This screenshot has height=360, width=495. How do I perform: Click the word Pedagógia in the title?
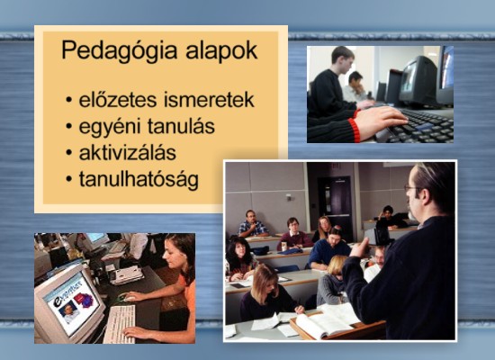(120, 50)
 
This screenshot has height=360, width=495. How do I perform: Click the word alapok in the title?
(221, 49)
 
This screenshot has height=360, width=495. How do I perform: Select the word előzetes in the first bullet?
(117, 100)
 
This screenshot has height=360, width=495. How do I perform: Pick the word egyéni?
(109, 128)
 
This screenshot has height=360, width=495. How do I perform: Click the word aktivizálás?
(128, 153)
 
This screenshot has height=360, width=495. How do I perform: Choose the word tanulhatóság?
(139, 181)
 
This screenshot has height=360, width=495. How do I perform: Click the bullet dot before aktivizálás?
(69, 153)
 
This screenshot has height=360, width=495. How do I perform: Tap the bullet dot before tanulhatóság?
(69, 179)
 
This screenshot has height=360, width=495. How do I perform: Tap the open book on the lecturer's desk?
(326, 321)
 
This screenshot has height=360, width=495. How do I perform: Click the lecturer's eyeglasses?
(412, 188)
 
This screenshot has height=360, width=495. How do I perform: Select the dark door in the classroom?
(335, 209)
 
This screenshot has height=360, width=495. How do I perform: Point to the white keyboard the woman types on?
(120, 324)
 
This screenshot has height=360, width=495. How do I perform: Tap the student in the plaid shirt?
(252, 224)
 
